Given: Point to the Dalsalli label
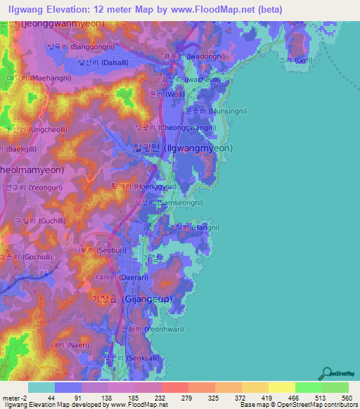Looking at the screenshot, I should point(103,62).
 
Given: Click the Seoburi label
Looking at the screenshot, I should point(100,247).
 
